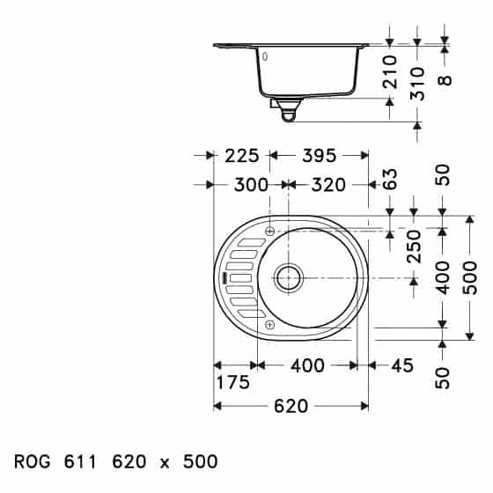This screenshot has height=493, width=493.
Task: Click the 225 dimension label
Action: pos(241,156)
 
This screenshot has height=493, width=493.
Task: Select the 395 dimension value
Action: pos(319,156)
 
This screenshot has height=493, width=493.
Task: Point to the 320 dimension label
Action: pos(327,185)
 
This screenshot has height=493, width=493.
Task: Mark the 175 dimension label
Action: pos(232,383)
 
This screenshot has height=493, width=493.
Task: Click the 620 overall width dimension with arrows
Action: pos(291,406)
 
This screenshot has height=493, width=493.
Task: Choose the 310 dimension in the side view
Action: pos(417,83)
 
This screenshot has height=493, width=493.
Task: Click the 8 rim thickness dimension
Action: pos(445,79)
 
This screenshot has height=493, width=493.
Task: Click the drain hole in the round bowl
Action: pos(288,277)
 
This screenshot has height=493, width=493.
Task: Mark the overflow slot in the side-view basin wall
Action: pos(261,55)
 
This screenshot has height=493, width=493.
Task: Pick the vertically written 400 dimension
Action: pos(443,278)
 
